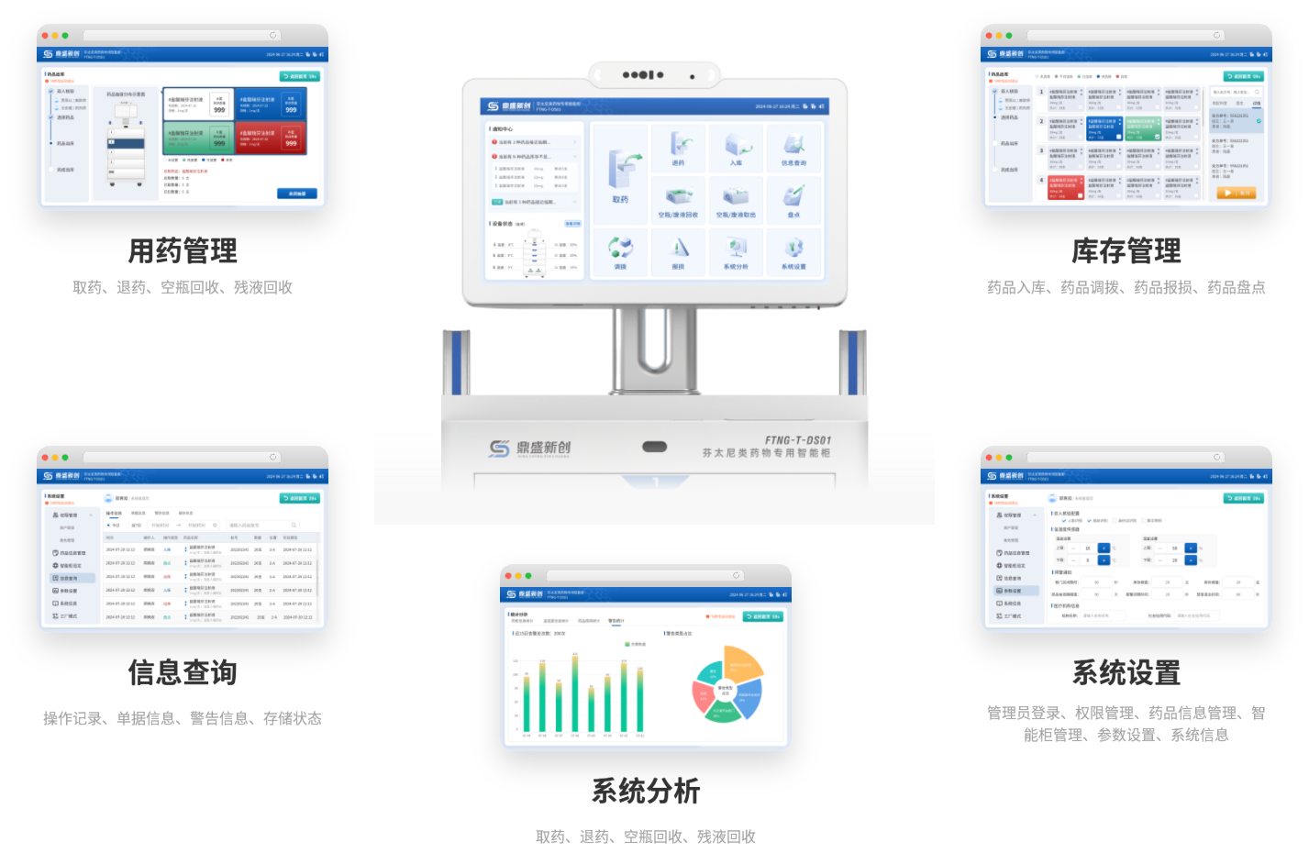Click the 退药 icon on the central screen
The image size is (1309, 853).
click(x=678, y=148)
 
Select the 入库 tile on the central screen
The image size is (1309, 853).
click(x=736, y=148)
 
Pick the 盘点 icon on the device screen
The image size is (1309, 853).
click(x=793, y=200)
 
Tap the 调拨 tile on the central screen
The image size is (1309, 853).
click(x=620, y=252)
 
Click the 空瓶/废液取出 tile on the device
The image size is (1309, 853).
click(x=736, y=200)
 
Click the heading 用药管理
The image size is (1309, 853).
click(x=183, y=250)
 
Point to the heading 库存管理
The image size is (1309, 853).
click(x=1126, y=250)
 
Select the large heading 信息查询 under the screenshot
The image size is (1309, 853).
click(x=183, y=672)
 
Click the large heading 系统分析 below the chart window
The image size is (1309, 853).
click(x=646, y=791)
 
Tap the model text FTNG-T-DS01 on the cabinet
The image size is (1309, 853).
click(x=798, y=440)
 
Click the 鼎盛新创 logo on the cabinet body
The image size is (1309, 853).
click(x=530, y=448)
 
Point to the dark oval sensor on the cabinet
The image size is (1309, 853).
click(x=655, y=447)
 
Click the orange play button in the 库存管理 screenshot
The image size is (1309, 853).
click(x=1235, y=193)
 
